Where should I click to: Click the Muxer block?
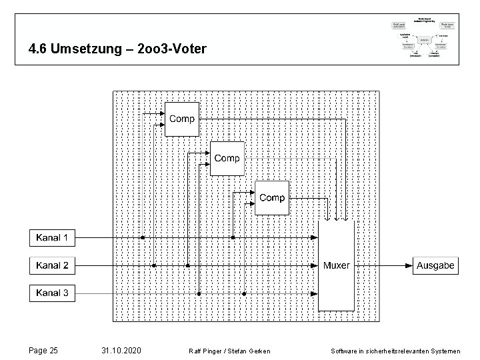point(336,265)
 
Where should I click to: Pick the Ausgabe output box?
point(435,265)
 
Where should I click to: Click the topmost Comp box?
point(181,119)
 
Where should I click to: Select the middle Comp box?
point(227,158)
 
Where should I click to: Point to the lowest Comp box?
point(272,197)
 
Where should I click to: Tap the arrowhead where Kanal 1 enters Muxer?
point(314,237)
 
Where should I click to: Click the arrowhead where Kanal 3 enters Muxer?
point(314,293)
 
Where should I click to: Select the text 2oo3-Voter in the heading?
point(175,49)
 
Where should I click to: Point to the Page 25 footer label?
point(44,350)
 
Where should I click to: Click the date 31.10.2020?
point(121,350)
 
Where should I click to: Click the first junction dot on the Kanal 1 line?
point(142,237)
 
